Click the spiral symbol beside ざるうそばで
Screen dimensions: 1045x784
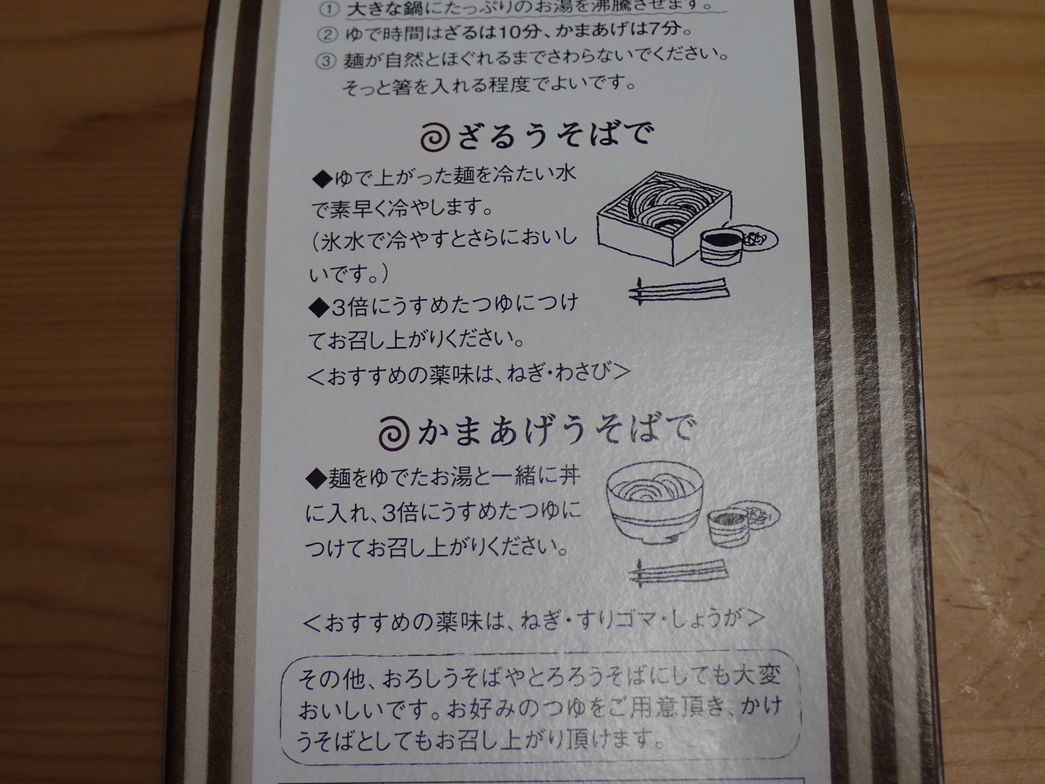[435, 137]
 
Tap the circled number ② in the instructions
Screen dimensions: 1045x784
[327, 34]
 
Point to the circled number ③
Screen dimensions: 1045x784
[326, 61]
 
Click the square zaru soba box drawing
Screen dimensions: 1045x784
[665, 218]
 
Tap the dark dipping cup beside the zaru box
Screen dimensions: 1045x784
[722, 245]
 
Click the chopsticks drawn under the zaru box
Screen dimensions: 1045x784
[680, 291]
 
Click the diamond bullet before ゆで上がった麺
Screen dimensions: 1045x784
[322, 180]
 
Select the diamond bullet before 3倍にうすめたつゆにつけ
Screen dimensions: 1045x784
[319, 309]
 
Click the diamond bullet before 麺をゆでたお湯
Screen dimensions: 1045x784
[316, 479]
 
